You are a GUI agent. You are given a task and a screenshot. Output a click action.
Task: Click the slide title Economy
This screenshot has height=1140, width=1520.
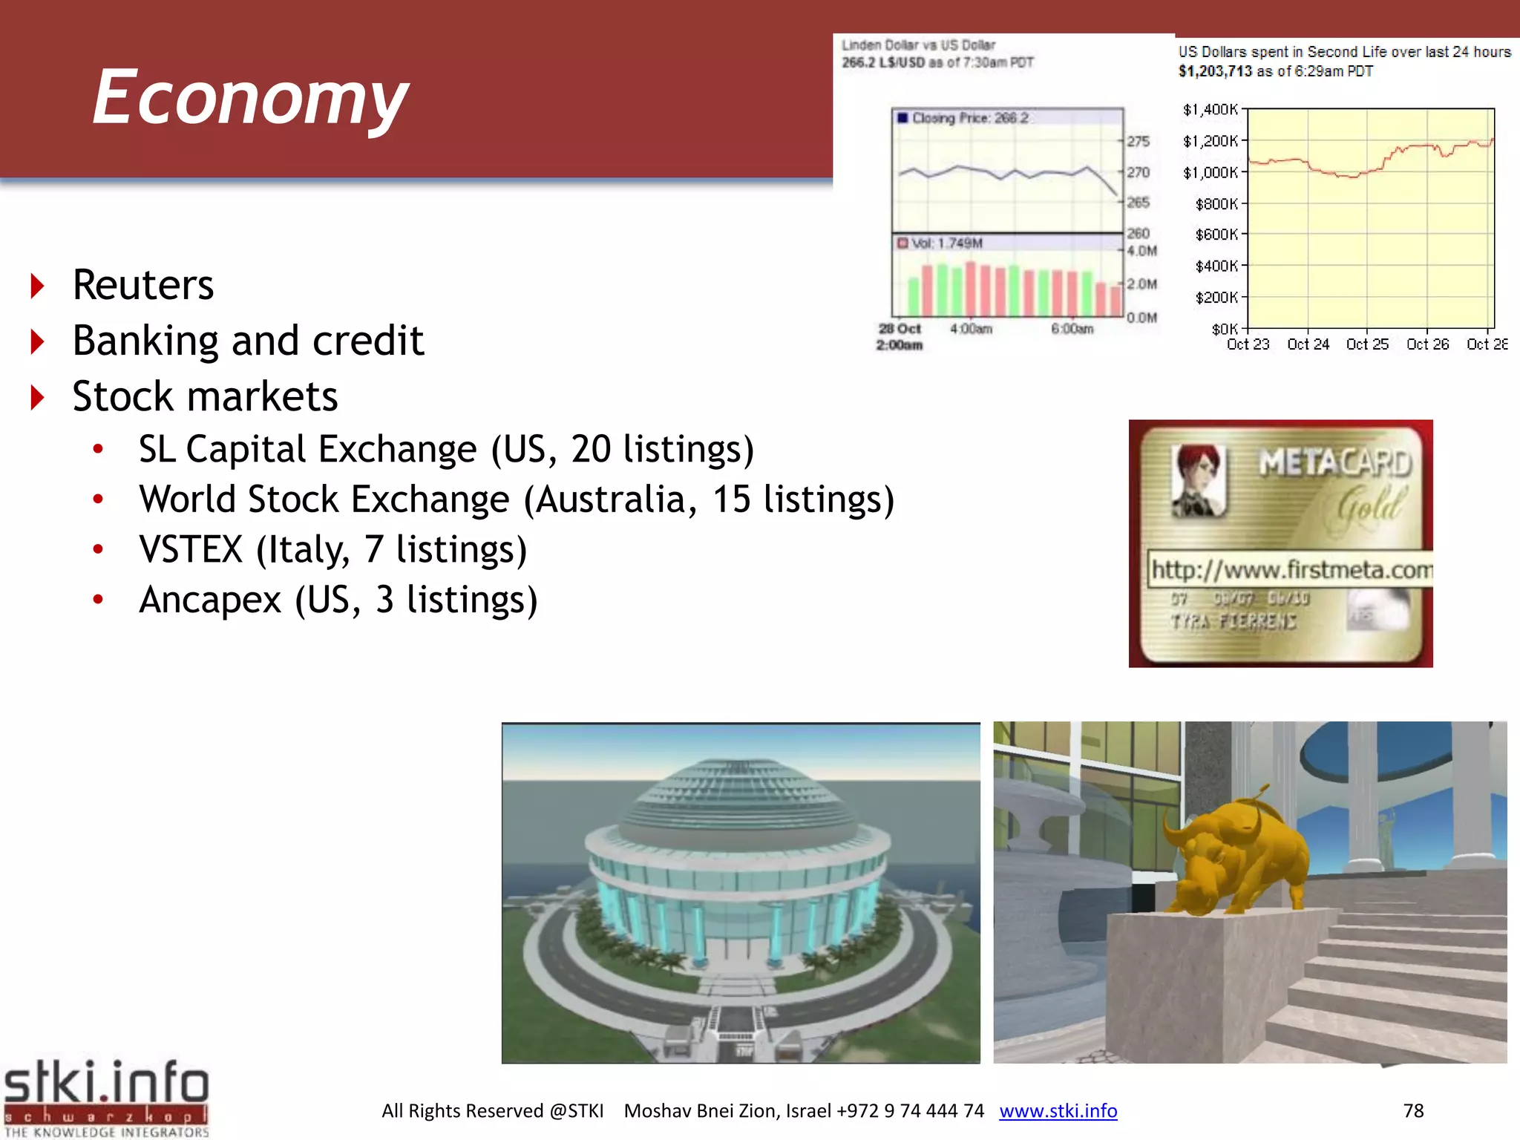click(250, 98)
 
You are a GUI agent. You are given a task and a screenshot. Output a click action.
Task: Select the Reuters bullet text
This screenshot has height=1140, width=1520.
click(143, 285)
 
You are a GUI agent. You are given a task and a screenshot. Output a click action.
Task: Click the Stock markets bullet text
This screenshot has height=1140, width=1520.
click(205, 396)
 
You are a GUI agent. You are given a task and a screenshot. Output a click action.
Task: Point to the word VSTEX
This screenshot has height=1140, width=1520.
click(191, 550)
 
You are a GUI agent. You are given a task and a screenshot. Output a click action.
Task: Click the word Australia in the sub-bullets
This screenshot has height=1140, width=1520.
click(616, 499)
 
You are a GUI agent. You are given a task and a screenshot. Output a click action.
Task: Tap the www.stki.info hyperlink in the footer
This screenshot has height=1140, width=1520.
click(1058, 1110)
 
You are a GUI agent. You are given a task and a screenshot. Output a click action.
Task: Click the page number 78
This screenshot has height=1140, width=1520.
click(1413, 1110)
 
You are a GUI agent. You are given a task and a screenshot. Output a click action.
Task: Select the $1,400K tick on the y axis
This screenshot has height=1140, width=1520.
click(1210, 110)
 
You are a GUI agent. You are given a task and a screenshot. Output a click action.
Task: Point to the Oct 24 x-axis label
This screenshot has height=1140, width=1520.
click(1308, 344)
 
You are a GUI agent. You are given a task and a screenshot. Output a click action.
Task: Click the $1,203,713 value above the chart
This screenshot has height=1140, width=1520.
click(1215, 71)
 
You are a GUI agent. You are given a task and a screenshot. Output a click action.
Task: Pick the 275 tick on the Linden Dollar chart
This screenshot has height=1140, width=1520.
click(1138, 141)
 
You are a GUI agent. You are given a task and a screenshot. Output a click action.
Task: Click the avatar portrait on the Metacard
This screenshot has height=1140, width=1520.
click(1197, 480)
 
